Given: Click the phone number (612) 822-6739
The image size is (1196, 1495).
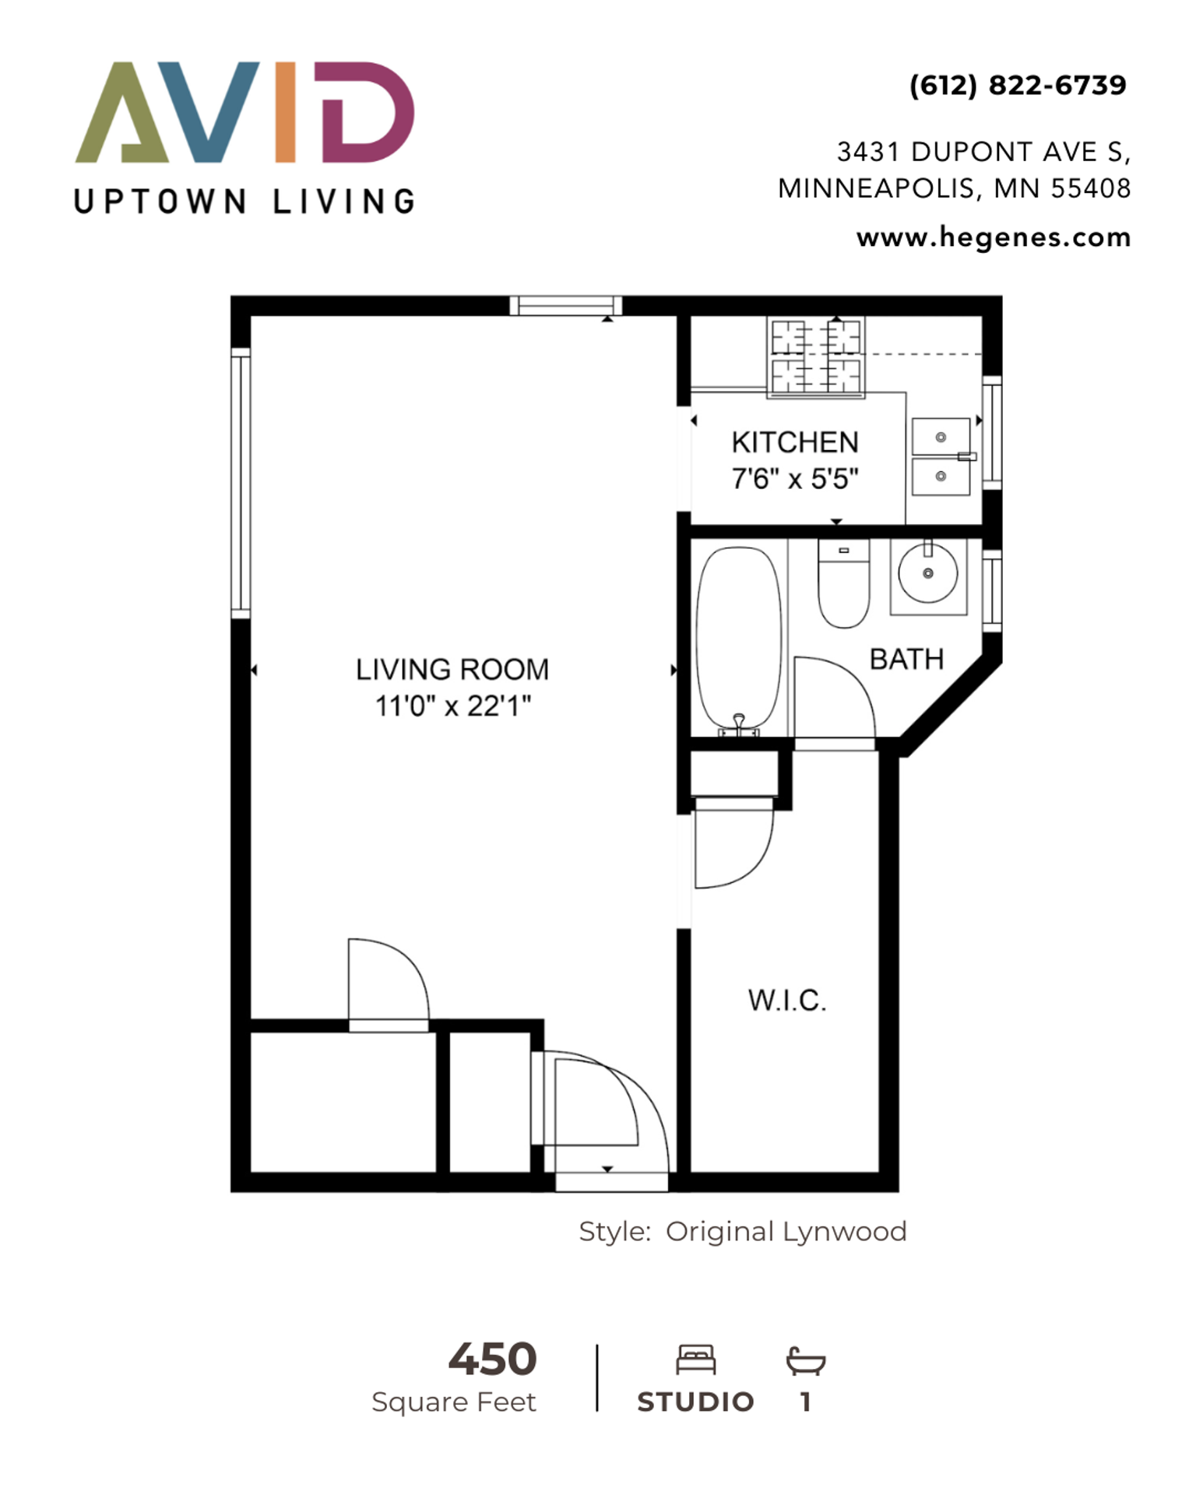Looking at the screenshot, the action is coord(1018,85).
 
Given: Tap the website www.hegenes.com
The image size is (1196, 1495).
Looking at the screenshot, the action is coord(994,237).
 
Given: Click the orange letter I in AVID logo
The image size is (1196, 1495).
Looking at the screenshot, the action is coord(286,112).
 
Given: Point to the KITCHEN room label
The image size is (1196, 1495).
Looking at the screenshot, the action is coord(795,442).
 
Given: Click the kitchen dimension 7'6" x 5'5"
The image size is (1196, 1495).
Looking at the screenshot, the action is coord(795,478).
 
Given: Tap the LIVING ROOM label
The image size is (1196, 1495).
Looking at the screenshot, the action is coord(452,670).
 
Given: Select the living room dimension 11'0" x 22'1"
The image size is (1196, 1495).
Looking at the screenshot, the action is coord(453,706).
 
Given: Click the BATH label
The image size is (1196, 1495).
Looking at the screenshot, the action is coord(906,660).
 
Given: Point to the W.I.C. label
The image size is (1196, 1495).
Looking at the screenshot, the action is coord(787,1001).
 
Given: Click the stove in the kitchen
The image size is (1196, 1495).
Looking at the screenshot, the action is coord(816,357).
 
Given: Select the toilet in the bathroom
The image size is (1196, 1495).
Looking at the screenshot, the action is coord(843,583).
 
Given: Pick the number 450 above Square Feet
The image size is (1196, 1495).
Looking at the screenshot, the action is coord(493,1360).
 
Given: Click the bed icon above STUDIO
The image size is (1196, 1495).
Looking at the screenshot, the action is coord(696,1360).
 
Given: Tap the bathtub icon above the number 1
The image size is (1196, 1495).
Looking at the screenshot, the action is coord(806,1360).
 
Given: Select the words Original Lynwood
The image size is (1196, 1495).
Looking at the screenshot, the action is coord(786,1232).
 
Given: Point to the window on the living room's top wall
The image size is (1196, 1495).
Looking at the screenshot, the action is coord(566,305).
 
